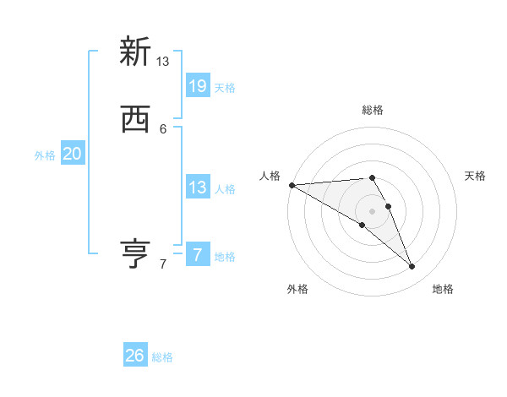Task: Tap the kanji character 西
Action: pyautogui.click(x=135, y=120)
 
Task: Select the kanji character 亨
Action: pyautogui.click(x=135, y=253)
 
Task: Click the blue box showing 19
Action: pyautogui.click(x=198, y=85)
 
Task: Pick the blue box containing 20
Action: pyautogui.click(x=73, y=154)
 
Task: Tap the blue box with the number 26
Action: pyautogui.click(x=135, y=356)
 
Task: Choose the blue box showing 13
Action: pyautogui.click(x=198, y=188)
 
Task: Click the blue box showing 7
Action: pyautogui.click(x=198, y=254)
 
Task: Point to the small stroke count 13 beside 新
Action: pyautogui.click(x=163, y=62)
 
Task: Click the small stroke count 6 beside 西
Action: pyautogui.click(x=163, y=129)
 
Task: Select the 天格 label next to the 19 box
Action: pyautogui.click(x=225, y=88)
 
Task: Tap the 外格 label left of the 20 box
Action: pyautogui.click(x=45, y=155)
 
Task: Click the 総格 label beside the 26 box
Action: pyautogui.click(x=162, y=358)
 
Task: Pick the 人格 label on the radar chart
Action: pyautogui.click(x=270, y=176)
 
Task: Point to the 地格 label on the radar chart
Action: pyautogui.click(x=443, y=290)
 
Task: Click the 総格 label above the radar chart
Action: pyautogui.click(x=373, y=110)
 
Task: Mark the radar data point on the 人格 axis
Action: pyautogui.click(x=292, y=185)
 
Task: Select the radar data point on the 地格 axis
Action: pyautogui.click(x=412, y=267)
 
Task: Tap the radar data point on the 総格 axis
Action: pyautogui.click(x=373, y=178)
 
